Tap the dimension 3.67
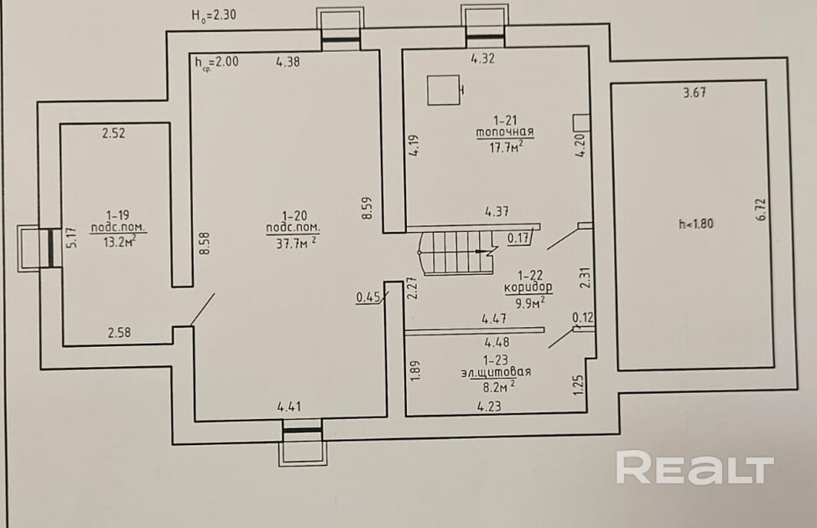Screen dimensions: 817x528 695,94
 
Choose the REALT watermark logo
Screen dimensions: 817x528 695,467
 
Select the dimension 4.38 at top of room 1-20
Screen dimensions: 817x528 288,60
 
